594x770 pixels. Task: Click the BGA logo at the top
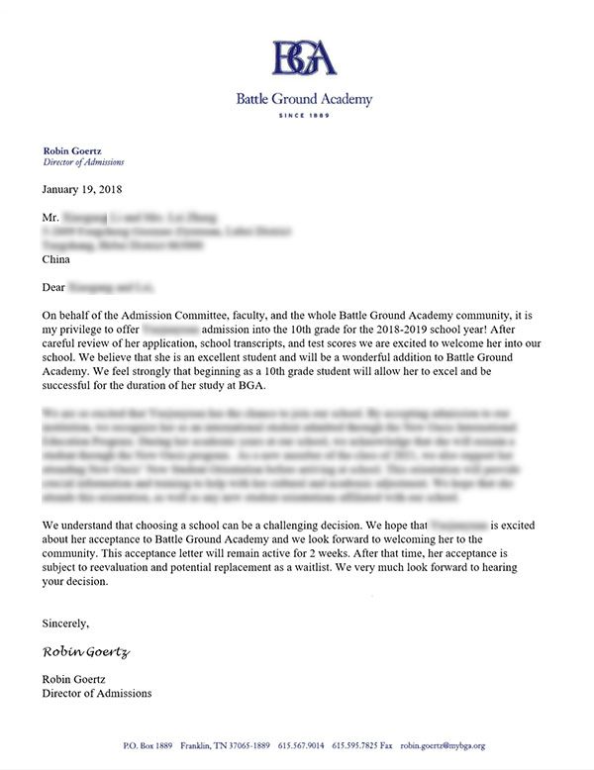(304, 56)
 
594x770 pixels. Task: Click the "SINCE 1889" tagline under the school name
(304, 116)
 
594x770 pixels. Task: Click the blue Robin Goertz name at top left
(70, 149)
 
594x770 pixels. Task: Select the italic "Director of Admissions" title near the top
(84, 160)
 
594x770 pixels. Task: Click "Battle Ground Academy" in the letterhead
(304, 99)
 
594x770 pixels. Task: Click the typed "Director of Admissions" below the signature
(97, 693)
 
